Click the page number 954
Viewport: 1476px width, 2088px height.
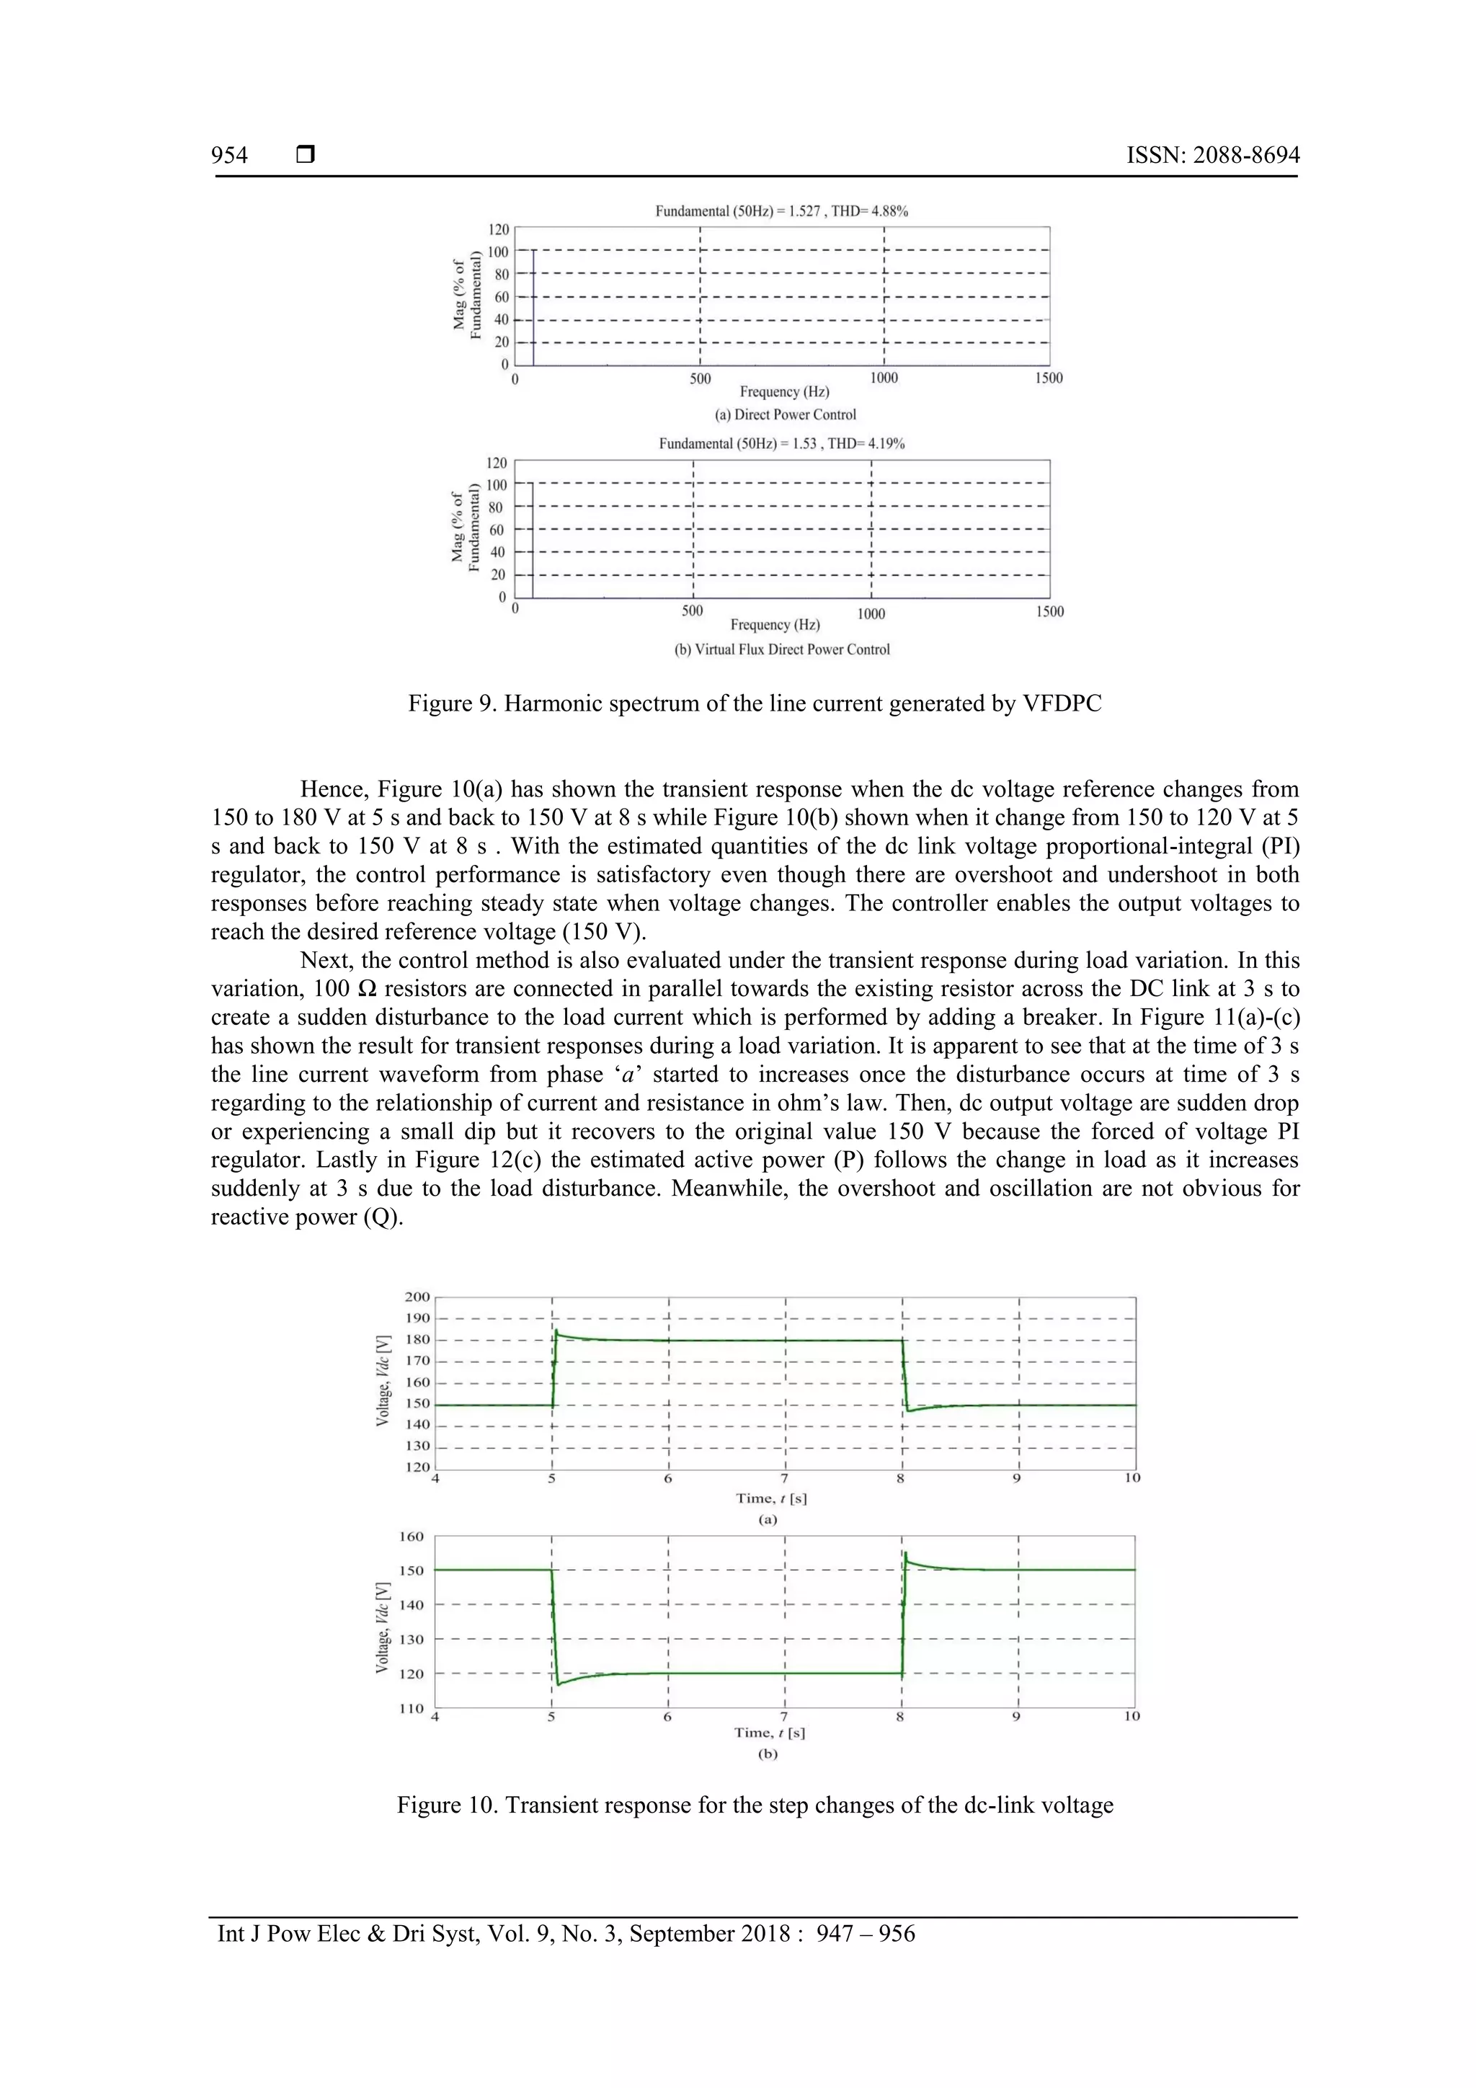(229, 156)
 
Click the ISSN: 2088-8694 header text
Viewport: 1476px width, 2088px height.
(1212, 156)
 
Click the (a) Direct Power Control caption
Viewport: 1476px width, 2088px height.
(785, 414)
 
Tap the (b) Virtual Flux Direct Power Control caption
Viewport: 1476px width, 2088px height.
(781, 649)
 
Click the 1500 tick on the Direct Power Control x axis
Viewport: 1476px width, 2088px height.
(1048, 378)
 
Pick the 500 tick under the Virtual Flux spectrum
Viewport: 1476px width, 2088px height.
(692, 611)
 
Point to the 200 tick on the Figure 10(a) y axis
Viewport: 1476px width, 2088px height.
(417, 1297)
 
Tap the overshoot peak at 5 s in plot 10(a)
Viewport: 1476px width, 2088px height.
(556, 1332)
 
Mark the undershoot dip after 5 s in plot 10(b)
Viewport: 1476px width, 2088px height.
(559, 1684)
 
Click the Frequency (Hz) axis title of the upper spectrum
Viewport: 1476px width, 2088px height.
(784, 392)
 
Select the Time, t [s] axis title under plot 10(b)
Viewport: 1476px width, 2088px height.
(770, 1733)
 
